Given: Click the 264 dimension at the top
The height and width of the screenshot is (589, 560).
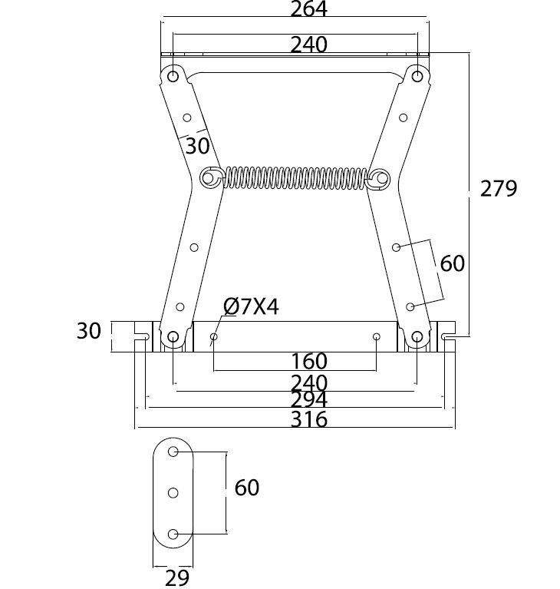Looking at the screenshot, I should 309,10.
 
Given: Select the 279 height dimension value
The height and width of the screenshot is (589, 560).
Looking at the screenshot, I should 499,188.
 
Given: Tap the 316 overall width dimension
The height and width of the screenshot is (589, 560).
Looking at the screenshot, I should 309,419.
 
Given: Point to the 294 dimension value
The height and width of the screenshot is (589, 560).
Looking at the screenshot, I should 309,400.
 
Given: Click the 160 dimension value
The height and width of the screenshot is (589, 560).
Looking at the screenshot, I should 309,360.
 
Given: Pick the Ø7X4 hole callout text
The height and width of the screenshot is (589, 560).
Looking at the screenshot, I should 251,308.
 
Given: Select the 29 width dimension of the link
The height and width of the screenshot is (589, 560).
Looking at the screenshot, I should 176,577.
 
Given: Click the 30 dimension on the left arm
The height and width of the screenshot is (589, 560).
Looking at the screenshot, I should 196,145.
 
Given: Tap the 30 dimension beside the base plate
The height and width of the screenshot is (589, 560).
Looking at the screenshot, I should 89,331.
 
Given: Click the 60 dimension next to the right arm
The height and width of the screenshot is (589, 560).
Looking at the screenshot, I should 453,263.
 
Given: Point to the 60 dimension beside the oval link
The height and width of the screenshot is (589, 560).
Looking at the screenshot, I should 247,487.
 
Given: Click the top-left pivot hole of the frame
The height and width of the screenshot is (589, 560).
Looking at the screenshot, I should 173,77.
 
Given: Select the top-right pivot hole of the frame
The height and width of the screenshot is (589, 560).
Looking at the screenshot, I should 417,77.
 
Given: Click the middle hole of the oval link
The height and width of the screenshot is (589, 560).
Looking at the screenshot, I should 173,491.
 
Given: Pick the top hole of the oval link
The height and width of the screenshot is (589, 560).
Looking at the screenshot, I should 173,451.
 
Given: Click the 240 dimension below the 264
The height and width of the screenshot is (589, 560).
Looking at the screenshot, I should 309,45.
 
